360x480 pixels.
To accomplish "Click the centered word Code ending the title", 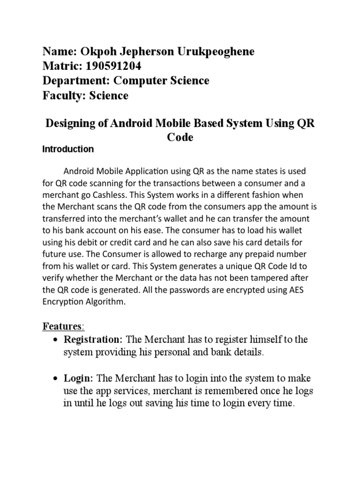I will pyautogui.click(x=180, y=138).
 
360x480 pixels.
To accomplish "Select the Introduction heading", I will pyautogui.click(x=68, y=150).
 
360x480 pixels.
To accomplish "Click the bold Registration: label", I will pyautogui.click(x=93, y=339).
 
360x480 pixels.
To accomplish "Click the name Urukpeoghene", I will pyautogui.click(x=215, y=52).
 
